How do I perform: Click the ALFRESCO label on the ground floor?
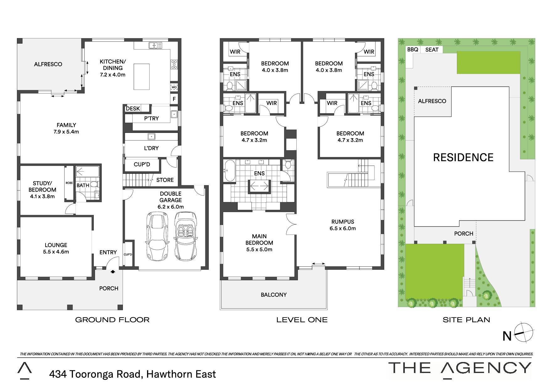(x=48, y=64)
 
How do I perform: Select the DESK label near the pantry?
(x=133, y=109)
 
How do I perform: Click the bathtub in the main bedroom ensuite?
(x=229, y=171)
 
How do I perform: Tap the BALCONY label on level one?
(x=274, y=295)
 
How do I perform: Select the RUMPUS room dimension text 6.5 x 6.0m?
(x=343, y=228)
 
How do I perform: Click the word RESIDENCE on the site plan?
(x=463, y=157)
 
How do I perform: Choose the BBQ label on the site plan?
(x=413, y=50)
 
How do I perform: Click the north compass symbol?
(x=524, y=332)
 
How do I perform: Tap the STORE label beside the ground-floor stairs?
(x=165, y=180)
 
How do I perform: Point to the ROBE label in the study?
(x=69, y=183)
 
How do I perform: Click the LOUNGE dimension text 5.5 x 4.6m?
(x=56, y=252)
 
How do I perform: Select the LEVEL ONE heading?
(x=302, y=320)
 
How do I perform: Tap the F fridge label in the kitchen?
(x=174, y=99)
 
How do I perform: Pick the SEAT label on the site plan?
(x=432, y=50)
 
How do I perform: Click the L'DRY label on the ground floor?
(x=151, y=148)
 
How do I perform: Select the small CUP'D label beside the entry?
(x=128, y=254)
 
